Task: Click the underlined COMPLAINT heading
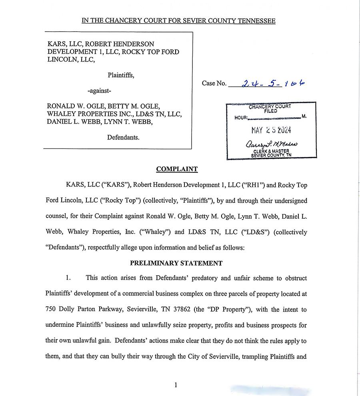tap(177, 169)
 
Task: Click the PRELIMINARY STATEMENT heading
tap(176, 263)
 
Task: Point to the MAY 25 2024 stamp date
tap(271, 130)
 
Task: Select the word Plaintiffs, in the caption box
tap(121, 75)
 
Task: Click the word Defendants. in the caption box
tap(123, 137)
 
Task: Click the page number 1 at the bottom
tap(176, 385)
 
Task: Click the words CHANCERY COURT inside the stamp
tap(270, 107)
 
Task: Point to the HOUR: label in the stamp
tap(241, 118)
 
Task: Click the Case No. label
tap(214, 84)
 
